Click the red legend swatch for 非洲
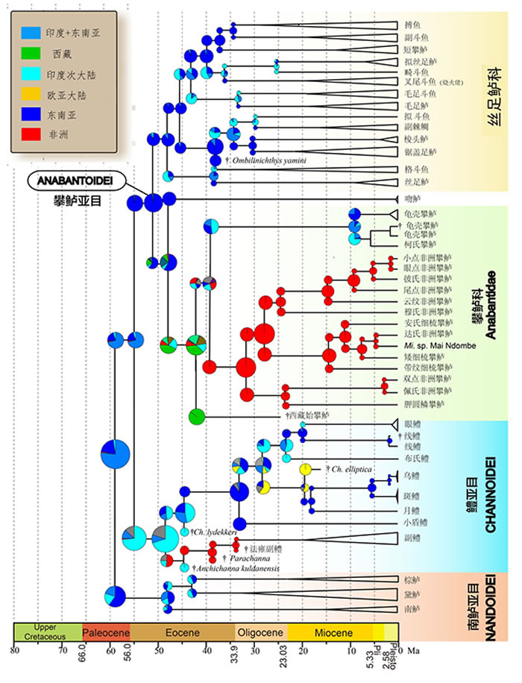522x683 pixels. [x=32, y=136]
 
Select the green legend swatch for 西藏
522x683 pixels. [x=32, y=54]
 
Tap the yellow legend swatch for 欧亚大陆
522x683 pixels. [x=32, y=95]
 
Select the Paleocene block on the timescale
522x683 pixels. [x=106, y=633]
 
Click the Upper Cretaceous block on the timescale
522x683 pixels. [x=48, y=633]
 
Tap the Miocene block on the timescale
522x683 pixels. [x=329, y=633]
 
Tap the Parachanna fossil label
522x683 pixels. [x=249, y=558]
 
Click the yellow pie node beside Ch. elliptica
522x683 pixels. [x=306, y=468]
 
